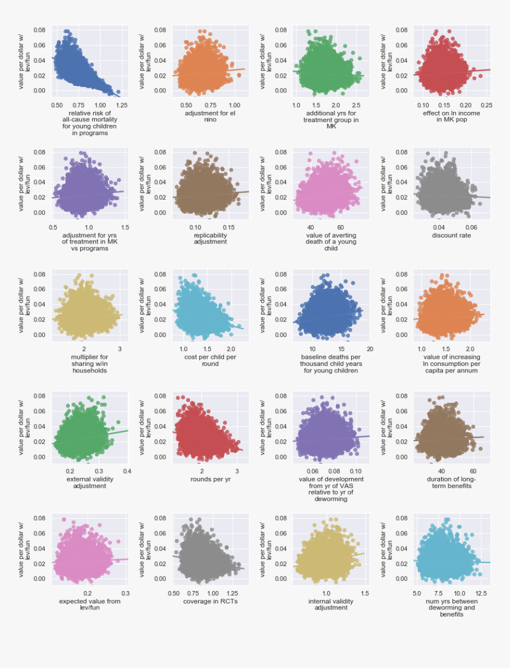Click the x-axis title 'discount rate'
pyautogui.click(x=451, y=235)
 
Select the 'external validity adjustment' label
pyautogui.click(x=86, y=482)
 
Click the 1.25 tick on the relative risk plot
pyautogui.click(x=122, y=105)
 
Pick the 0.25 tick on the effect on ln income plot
pyautogui.click(x=486, y=105)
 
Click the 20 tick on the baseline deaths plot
pyautogui.click(x=369, y=349)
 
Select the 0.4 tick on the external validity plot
pyautogui.click(x=128, y=471)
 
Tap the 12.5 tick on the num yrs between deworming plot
pyautogui.click(x=482, y=593)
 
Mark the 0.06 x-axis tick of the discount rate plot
pyautogui.click(x=471, y=227)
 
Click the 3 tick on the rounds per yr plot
pyautogui.click(x=237, y=471)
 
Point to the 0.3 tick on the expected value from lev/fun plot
pyautogui.click(x=125, y=593)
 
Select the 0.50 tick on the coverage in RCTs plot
pyautogui.click(x=174, y=593)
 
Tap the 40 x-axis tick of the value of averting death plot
pyautogui.click(x=310, y=227)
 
